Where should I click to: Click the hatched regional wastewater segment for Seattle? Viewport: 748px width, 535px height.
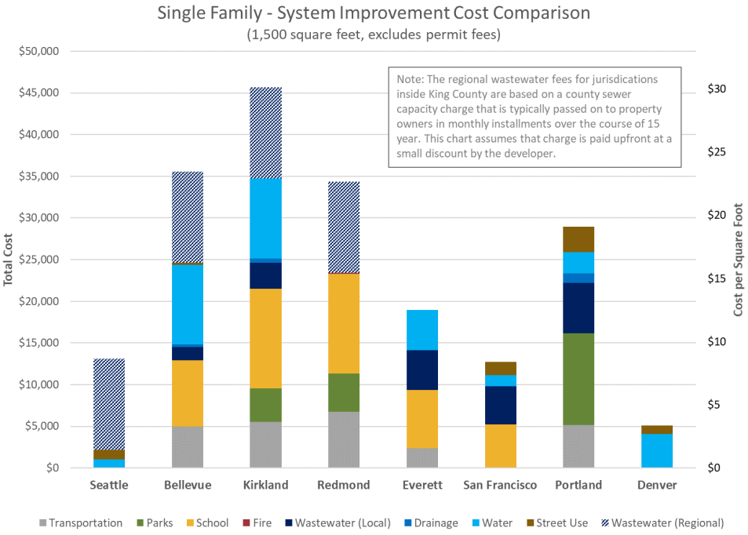coord(109,404)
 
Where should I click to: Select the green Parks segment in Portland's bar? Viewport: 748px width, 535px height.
coord(578,379)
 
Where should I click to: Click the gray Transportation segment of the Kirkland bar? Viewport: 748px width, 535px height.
coord(265,445)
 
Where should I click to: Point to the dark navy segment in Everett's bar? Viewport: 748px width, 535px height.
coord(422,369)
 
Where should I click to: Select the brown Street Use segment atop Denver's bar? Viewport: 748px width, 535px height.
coord(657,429)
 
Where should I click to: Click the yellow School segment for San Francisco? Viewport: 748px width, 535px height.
coord(500,446)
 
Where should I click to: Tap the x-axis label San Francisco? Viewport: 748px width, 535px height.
coord(500,486)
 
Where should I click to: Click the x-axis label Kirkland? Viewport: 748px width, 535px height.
coord(265,486)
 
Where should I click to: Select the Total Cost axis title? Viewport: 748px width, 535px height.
coord(9,260)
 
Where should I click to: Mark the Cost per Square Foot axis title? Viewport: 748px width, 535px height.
coord(738,260)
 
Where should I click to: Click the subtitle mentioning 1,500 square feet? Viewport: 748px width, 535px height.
coord(374,35)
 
